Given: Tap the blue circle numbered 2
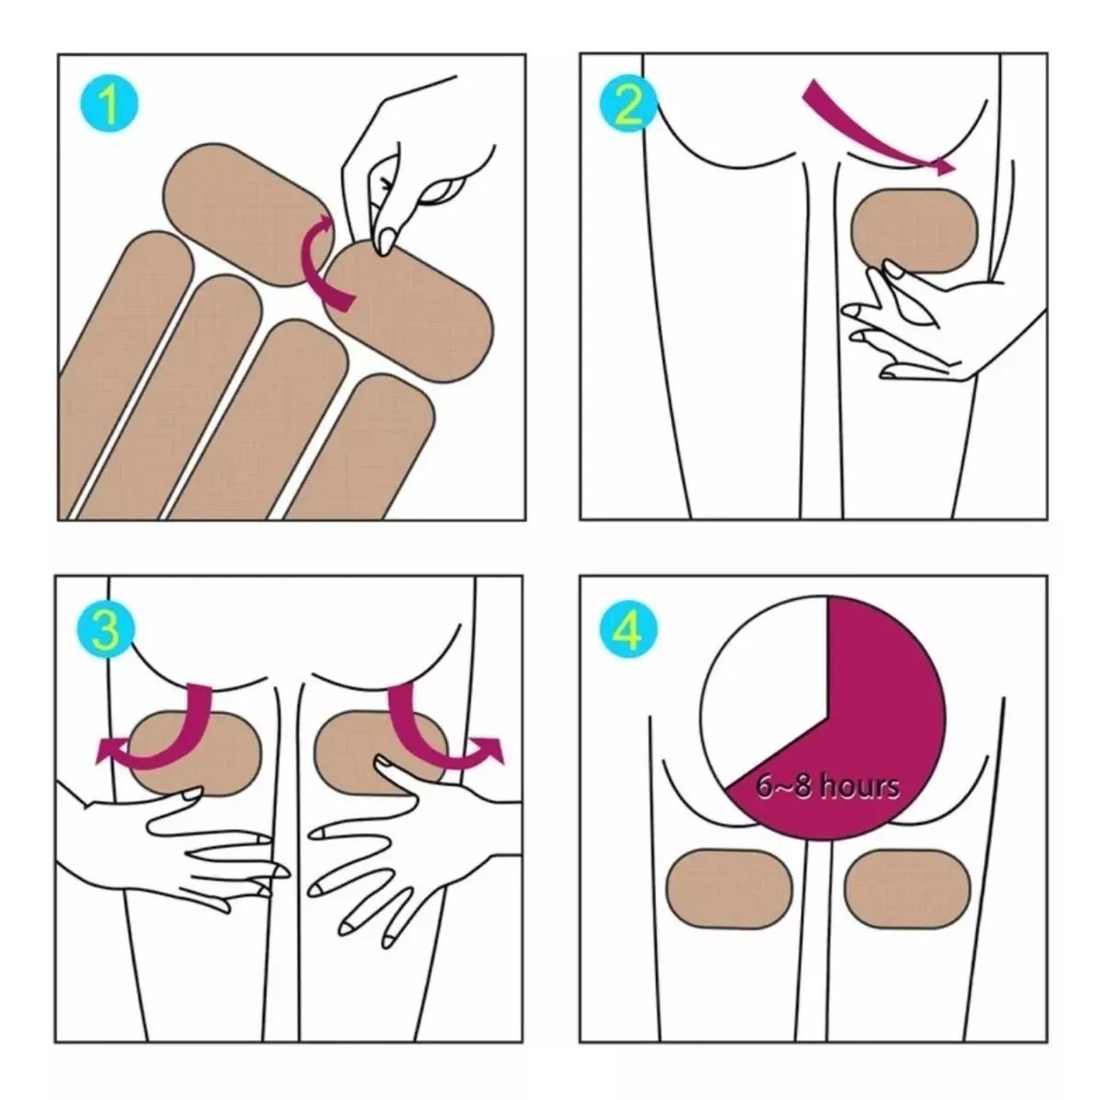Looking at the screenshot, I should (x=629, y=105).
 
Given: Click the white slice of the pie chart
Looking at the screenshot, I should (x=765, y=682).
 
